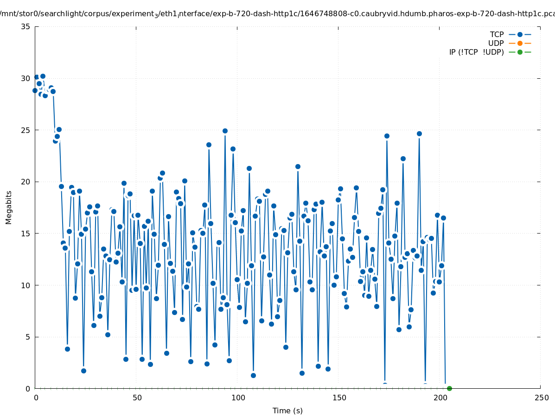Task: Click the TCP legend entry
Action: point(497,34)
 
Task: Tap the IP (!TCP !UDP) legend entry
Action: point(476,52)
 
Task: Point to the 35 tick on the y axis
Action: point(26,26)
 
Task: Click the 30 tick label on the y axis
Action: point(26,78)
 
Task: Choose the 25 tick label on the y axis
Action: point(26,130)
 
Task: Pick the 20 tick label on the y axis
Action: point(26,182)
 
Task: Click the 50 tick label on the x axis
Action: point(136,398)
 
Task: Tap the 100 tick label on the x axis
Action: point(237,398)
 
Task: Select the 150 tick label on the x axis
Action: point(338,398)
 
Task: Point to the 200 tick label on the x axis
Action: point(440,398)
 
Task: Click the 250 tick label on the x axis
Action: point(541,398)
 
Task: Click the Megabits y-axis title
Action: point(9,207)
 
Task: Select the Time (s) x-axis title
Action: point(287,411)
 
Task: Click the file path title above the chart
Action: point(277,13)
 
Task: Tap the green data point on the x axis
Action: point(449,388)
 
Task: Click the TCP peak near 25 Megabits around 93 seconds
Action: point(225,131)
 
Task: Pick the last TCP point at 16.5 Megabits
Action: point(443,218)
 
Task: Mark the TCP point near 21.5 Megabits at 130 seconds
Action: point(298,166)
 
